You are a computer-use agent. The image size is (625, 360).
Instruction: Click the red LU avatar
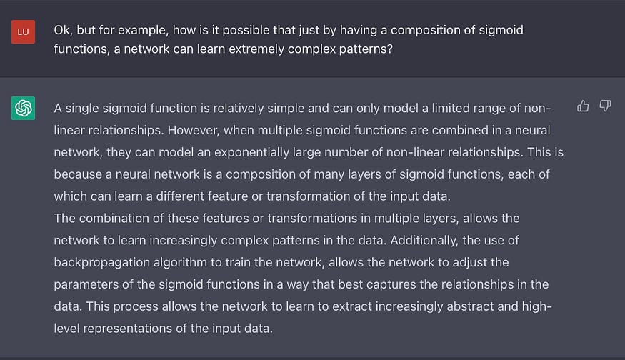(23, 33)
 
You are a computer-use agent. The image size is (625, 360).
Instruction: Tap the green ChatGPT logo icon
(23, 109)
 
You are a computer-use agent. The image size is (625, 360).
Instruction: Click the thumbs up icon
(583, 106)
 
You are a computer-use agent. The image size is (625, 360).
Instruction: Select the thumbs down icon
(605, 106)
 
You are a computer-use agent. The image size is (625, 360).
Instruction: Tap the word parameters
(88, 284)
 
